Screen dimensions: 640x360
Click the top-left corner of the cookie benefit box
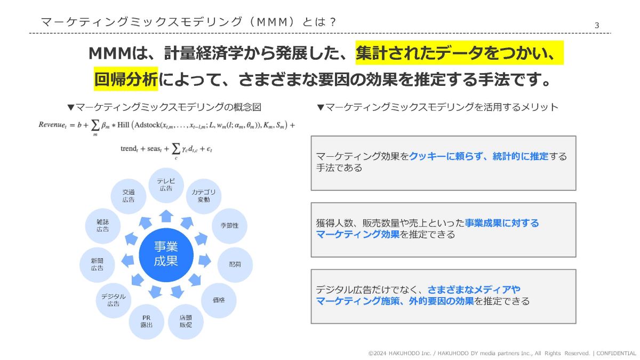coord(311,136)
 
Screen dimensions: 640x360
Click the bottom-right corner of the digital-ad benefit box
coord(576,323)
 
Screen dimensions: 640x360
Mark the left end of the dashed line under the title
coord(29,33)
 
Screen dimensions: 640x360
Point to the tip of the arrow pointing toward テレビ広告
coord(166,210)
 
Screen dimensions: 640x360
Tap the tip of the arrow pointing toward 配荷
coord(211,261)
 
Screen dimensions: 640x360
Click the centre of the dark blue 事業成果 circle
coord(166,255)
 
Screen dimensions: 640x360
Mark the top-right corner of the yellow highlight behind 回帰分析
coord(158,67)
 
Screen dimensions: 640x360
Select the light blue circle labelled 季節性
coord(229,226)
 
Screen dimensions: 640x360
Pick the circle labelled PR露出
coord(146,322)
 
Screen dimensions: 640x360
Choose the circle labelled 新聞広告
coord(97,265)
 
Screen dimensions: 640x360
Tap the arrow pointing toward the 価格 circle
coord(195,279)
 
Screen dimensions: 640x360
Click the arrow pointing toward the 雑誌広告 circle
coord(131,239)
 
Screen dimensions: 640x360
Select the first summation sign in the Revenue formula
coord(95,125)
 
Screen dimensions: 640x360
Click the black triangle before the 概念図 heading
coord(70,107)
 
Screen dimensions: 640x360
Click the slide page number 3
coord(597,26)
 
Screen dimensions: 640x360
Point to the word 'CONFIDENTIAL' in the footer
coord(616,354)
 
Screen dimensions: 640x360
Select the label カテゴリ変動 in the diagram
coord(203,196)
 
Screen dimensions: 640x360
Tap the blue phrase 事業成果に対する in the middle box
coord(502,223)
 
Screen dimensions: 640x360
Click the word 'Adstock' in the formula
coord(147,125)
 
